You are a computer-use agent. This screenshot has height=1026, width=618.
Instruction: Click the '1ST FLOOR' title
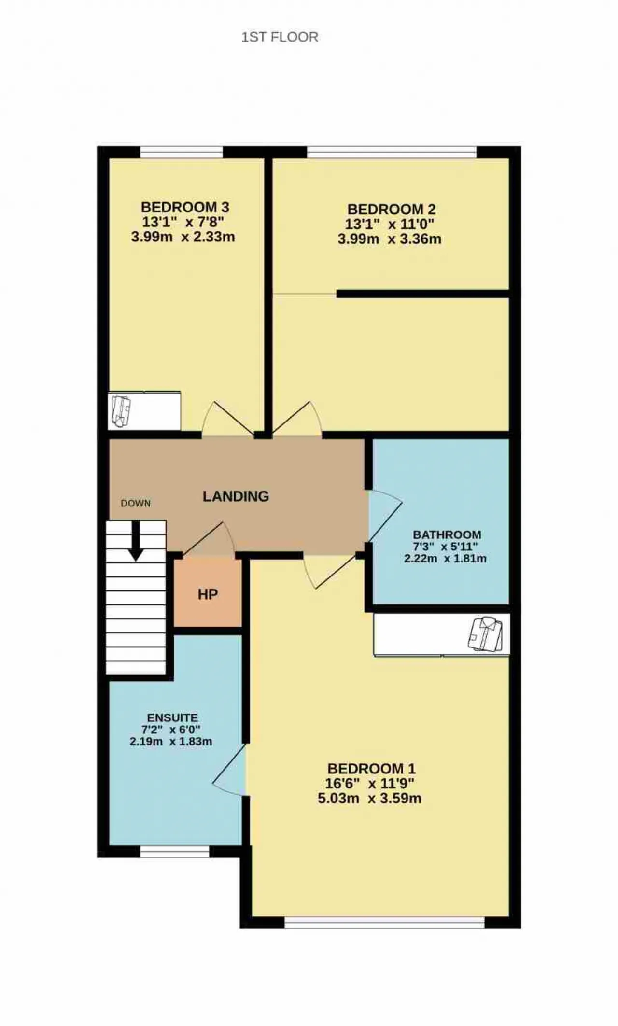coord(280,37)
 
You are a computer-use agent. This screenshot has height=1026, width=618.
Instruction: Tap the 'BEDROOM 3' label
coord(185,207)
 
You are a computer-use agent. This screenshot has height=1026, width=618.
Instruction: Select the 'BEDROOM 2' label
coord(392,209)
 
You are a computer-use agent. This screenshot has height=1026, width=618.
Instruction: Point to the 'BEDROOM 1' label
coord(371,768)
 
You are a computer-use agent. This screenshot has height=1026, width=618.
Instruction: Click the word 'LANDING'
coord(236,496)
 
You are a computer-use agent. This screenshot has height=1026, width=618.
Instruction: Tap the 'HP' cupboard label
coord(208,594)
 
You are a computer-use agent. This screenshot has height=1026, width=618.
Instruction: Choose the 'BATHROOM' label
coord(447,534)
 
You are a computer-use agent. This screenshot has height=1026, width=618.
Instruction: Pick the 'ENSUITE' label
coord(172,717)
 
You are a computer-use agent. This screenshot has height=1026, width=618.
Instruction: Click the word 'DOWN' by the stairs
coord(136,503)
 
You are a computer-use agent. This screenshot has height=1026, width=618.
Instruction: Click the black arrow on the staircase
coord(136,541)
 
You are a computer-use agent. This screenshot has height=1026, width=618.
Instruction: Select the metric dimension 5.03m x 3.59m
coord(369,798)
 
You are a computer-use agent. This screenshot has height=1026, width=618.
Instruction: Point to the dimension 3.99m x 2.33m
coord(183,237)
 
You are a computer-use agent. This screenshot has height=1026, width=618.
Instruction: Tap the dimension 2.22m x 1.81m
coord(445,559)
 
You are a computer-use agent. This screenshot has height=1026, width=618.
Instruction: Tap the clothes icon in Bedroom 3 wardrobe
coord(121,411)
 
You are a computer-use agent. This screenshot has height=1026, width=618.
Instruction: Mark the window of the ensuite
coord(175,852)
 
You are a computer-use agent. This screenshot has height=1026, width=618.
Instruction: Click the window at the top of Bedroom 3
coord(182,152)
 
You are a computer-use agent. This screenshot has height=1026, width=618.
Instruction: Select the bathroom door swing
coord(385,516)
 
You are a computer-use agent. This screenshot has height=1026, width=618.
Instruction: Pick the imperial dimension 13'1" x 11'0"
coord(390,224)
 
